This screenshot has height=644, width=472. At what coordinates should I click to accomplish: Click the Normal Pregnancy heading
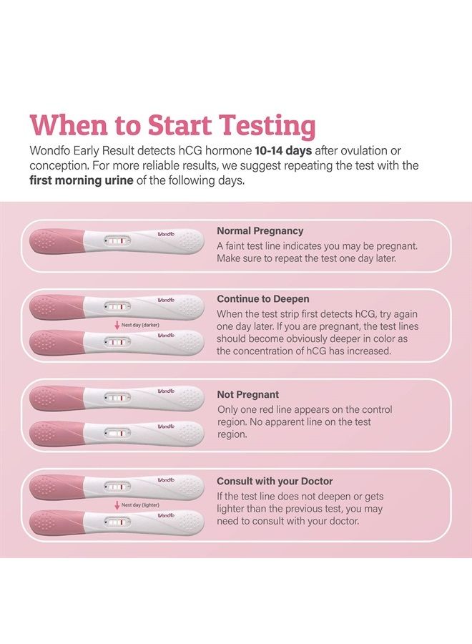click(x=260, y=231)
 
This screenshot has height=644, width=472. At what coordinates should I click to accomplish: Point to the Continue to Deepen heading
click(x=263, y=298)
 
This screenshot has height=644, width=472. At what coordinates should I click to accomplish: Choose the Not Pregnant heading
click(x=248, y=394)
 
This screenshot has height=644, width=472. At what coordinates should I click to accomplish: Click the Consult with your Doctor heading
click(x=275, y=482)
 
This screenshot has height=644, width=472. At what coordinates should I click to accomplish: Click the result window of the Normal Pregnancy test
click(x=117, y=243)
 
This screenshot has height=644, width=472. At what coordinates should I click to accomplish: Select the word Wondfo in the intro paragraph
click(x=53, y=151)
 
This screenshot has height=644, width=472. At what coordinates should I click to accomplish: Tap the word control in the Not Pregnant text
click(x=378, y=409)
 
